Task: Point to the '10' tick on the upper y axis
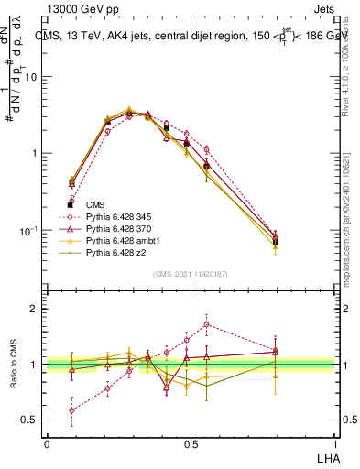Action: (31, 77)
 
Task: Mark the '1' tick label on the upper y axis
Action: (34, 153)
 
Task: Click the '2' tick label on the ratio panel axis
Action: (34, 309)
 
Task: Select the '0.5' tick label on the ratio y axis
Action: (29, 420)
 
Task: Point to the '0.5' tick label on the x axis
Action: (191, 443)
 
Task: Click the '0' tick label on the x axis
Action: (47, 443)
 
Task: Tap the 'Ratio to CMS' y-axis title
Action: (13, 365)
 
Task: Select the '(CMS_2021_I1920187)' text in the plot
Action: (190, 273)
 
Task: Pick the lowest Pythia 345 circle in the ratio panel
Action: (71, 409)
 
